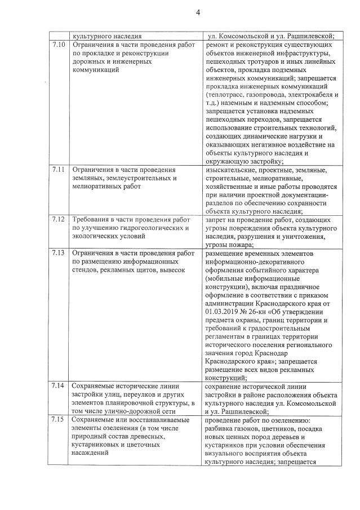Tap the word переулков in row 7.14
click(138, 395)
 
